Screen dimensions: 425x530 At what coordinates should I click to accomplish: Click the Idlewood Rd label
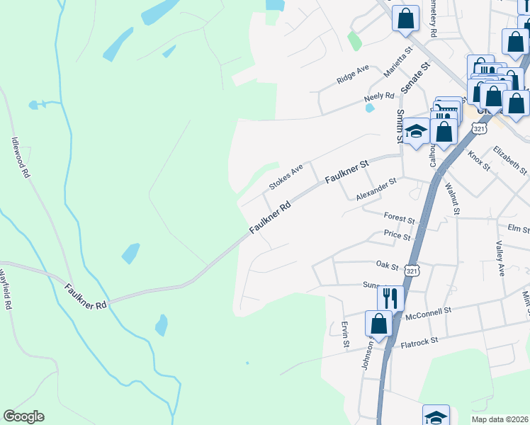click(20, 157)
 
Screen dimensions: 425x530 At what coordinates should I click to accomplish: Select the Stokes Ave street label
click(286, 177)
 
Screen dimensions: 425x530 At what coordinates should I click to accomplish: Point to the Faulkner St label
click(348, 171)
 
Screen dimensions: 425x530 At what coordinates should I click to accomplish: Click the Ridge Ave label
click(353, 74)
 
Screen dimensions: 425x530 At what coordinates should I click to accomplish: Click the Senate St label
click(415, 79)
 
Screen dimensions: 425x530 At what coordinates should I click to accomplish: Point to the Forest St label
click(398, 217)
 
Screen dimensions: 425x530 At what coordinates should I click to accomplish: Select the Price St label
click(397, 235)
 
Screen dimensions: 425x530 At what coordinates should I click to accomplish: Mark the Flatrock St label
click(421, 341)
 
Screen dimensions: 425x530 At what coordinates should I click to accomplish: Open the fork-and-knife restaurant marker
click(390, 296)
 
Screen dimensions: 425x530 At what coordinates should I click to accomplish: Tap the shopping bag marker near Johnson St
click(379, 323)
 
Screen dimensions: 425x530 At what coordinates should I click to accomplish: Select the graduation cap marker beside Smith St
click(416, 131)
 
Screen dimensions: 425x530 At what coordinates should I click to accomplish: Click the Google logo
click(23, 416)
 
